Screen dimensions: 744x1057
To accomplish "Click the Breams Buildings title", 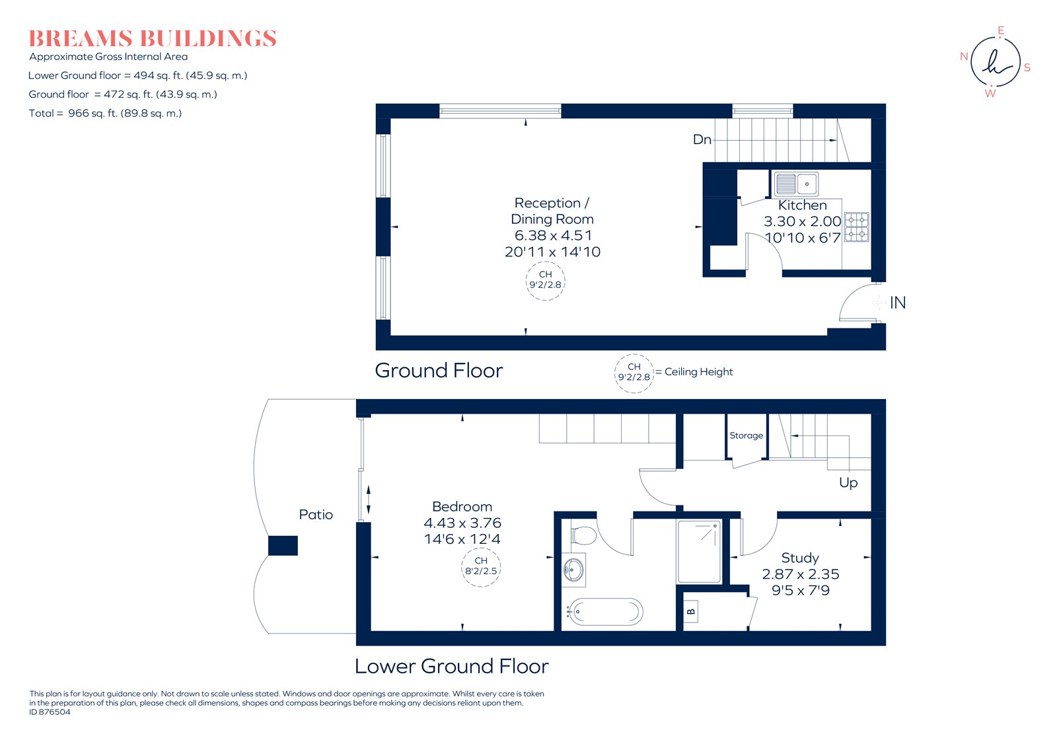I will pos(153,38).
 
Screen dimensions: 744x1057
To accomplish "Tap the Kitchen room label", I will pos(802,205).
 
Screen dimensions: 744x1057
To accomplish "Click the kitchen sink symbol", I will pos(796,184).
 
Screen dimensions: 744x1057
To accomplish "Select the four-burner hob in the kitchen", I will pos(857,227).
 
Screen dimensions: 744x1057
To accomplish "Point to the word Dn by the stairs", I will pos(702,139).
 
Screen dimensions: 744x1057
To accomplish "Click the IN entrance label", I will pos(897,303).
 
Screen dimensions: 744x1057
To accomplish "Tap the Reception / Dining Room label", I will pos(552,211).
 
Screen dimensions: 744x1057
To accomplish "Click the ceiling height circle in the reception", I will pos(545,280).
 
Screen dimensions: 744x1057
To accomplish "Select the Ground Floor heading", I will pos(439,371).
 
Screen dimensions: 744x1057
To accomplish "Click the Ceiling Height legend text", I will pos(698,372).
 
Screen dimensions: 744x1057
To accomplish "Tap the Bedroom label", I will pos(462,507).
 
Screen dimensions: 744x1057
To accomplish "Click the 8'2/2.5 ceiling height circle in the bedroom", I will pos(481,566).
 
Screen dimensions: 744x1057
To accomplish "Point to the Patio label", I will pos(316,515).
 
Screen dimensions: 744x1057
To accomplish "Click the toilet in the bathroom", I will pos(583,535).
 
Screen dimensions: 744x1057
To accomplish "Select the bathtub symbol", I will pos(605,612).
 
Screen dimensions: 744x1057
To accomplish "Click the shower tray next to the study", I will pos(699,551).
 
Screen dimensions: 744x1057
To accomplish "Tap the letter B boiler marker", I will pos(691,611).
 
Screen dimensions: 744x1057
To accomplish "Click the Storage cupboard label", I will pos(746,435).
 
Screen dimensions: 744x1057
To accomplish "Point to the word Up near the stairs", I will pos(848,482).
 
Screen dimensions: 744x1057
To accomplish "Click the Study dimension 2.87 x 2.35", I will pos(800,574).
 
